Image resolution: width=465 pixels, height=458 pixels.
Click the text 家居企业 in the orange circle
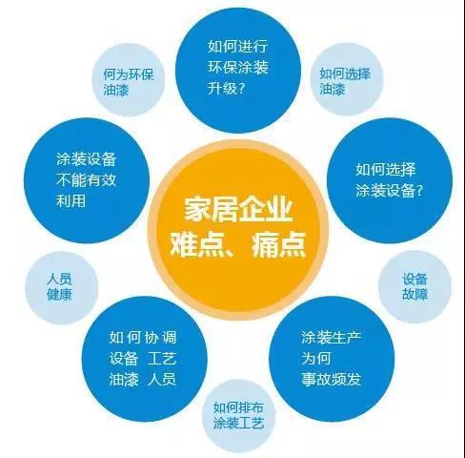(x=238, y=210)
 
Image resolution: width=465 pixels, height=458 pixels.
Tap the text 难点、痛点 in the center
(x=237, y=244)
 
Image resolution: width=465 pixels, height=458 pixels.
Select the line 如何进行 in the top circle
(x=238, y=47)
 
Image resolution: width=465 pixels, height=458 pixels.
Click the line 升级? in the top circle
(x=227, y=88)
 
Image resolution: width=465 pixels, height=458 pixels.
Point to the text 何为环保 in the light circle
(x=129, y=75)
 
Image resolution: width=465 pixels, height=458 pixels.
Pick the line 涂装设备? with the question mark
(x=389, y=191)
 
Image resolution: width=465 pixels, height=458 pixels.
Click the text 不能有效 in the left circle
(x=86, y=180)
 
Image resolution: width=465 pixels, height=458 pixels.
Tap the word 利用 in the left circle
(x=71, y=201)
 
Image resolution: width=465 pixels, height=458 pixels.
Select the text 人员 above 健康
(x=59, y=279)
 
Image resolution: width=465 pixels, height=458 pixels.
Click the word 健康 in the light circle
(x=59, y=294)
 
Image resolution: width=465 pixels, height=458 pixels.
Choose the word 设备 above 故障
(x=414, y=279)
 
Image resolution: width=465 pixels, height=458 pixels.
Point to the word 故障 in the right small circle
(x=414, y=294)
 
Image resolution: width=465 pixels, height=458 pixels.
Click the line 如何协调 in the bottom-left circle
(x=143, y=338)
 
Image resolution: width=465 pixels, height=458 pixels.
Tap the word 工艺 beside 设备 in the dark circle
(x=162, y=359)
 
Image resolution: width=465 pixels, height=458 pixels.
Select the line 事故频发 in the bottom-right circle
(x=332, y=379)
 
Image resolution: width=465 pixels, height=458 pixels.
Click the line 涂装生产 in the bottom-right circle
(x=332, y=338)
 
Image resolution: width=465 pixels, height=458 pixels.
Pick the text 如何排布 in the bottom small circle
(x=238, y=407)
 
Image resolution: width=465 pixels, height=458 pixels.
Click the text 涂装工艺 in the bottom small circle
(x=238, y=424)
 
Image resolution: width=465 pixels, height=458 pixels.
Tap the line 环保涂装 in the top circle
(x=238, y=67)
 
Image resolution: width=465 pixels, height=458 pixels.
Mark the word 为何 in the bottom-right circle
(x=316, y=359)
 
